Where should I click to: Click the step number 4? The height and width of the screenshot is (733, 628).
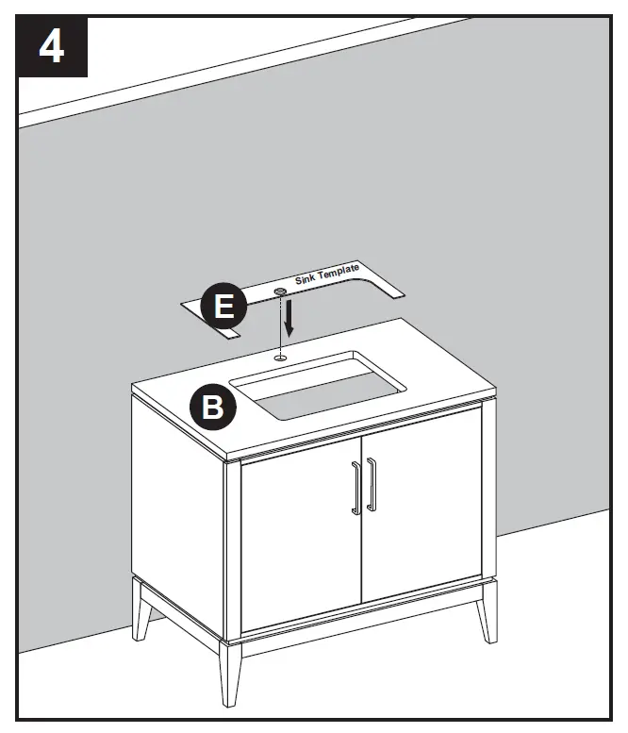click(51, 47)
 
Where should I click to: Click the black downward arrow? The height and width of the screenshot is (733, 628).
click(290, 319)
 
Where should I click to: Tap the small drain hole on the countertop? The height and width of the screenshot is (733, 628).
click(281, 358)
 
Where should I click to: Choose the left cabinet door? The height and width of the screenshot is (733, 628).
click(300, 538)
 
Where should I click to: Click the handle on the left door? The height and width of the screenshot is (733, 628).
click(355, 488)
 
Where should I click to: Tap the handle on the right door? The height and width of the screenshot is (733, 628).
click(371, 484)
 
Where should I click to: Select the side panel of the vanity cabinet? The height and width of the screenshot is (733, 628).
click(179, 509)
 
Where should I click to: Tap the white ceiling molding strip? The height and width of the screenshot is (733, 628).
click(236, 71)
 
